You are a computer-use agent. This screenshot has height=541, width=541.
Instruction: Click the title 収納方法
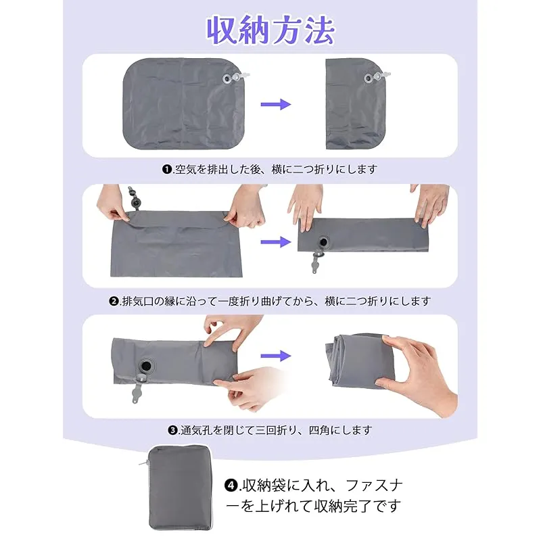270,30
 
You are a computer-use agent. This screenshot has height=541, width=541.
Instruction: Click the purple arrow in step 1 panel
276,104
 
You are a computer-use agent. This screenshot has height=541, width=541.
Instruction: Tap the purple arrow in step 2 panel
276,242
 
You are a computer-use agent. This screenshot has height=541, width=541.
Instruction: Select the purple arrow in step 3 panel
276,356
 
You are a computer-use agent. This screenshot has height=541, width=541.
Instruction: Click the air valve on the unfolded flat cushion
235,78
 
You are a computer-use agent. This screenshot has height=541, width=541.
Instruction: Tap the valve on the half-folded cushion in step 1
377,78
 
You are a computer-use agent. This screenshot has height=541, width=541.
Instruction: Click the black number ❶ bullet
167,170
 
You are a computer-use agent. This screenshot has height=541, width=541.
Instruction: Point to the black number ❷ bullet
114,301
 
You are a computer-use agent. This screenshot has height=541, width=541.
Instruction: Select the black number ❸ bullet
172,430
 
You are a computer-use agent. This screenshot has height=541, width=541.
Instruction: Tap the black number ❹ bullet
231,486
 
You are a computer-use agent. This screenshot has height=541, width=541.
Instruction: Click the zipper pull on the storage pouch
144,463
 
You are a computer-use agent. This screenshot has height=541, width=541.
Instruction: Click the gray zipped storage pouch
180,488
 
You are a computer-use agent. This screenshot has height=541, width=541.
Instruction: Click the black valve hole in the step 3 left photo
146,365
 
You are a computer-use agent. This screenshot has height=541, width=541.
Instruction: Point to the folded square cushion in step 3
359,360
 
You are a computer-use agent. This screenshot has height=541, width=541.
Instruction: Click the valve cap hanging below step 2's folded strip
316,262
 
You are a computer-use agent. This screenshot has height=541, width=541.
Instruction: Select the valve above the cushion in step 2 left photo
134,198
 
